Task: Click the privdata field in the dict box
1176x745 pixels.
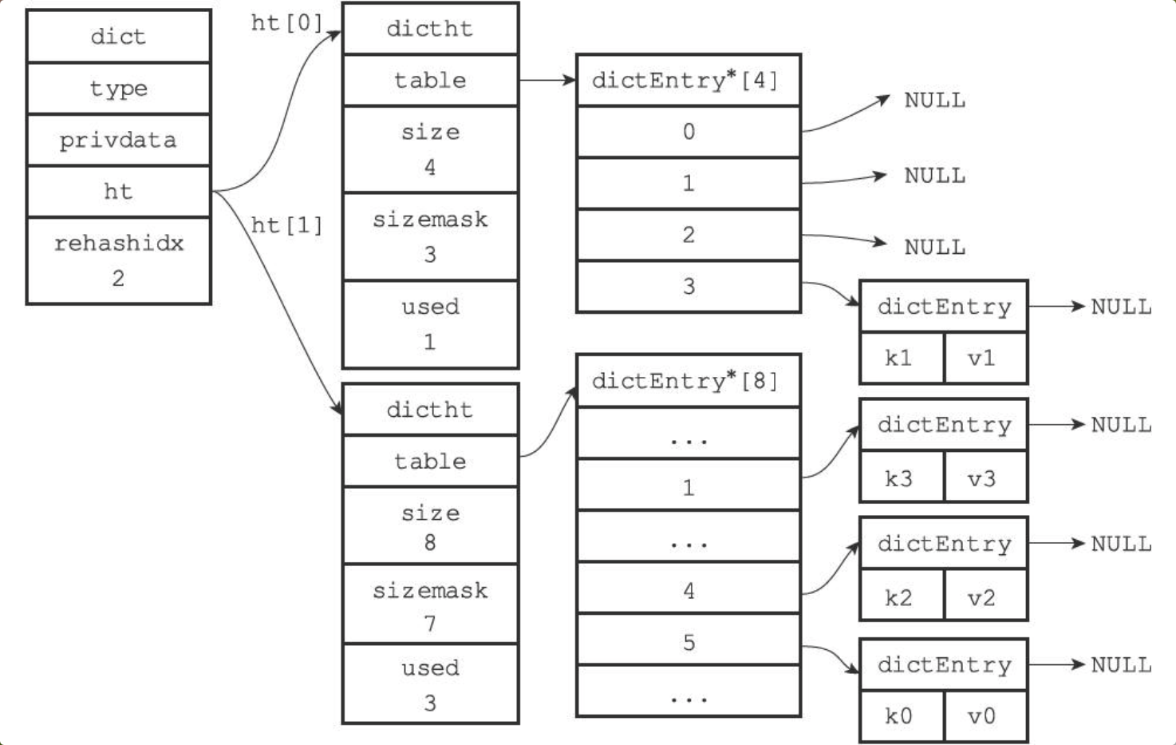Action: coord(119,140)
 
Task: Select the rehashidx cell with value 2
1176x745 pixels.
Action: coord(119,260)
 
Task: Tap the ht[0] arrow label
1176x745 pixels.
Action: coord(286,23)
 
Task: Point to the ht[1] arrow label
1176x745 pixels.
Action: coord(286,225)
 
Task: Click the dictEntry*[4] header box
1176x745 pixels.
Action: coord(689,81)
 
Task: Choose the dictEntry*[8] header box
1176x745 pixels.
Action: coord(689,381)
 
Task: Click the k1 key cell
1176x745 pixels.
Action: coord(902,358)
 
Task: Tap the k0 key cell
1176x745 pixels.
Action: coord(902,715)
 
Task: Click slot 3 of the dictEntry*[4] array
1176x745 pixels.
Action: coord(689,287)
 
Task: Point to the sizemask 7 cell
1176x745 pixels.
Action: coord(431,604)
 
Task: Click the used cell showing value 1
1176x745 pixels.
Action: coord(431,324)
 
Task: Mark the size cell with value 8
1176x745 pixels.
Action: coord(431,526)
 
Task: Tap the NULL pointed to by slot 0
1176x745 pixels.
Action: coord(934,101)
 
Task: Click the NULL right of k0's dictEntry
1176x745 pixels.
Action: coord(1121,665)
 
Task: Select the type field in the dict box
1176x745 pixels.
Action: coord(119,89)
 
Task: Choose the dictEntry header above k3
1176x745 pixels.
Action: coord(944,425)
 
